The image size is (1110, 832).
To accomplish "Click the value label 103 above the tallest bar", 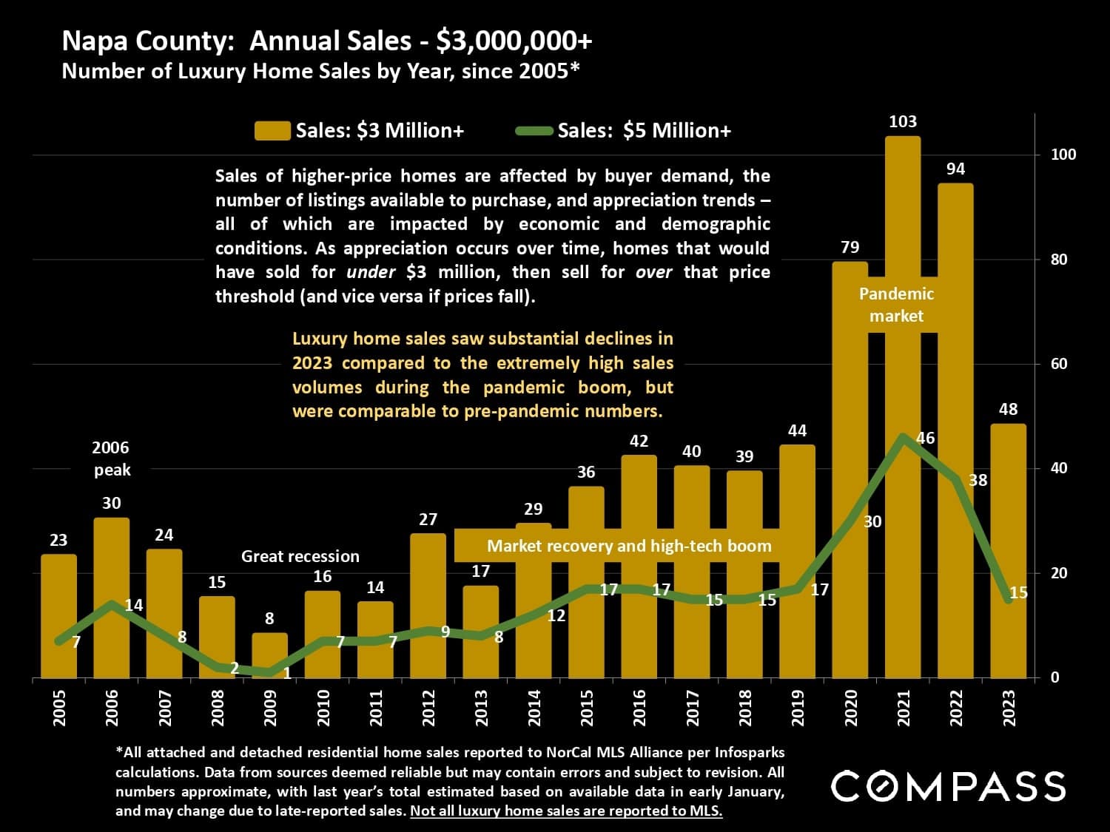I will click(902, 121).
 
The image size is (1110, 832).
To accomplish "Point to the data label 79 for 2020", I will click(850, 247).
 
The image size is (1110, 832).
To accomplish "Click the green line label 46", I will click(925, 438).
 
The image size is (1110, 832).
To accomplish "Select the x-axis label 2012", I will click(428, 708).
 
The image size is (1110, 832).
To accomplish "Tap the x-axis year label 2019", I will click(797, 708).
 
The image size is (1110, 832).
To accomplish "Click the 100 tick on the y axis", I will click(1063, 155).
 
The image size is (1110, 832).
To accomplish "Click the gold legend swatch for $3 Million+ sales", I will click(272, 131).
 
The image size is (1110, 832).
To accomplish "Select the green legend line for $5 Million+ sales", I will click(534, 131).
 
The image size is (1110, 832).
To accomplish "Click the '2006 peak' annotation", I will click(111, 459).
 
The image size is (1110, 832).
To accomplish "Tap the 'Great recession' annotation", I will click(300, 556).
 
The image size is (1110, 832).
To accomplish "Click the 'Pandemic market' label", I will click(896, 305).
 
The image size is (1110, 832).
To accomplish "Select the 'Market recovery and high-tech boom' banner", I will click(628, 547).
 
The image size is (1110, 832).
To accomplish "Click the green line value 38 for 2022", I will click(978, 480).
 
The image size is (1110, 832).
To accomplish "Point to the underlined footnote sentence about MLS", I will click(566, 811).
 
